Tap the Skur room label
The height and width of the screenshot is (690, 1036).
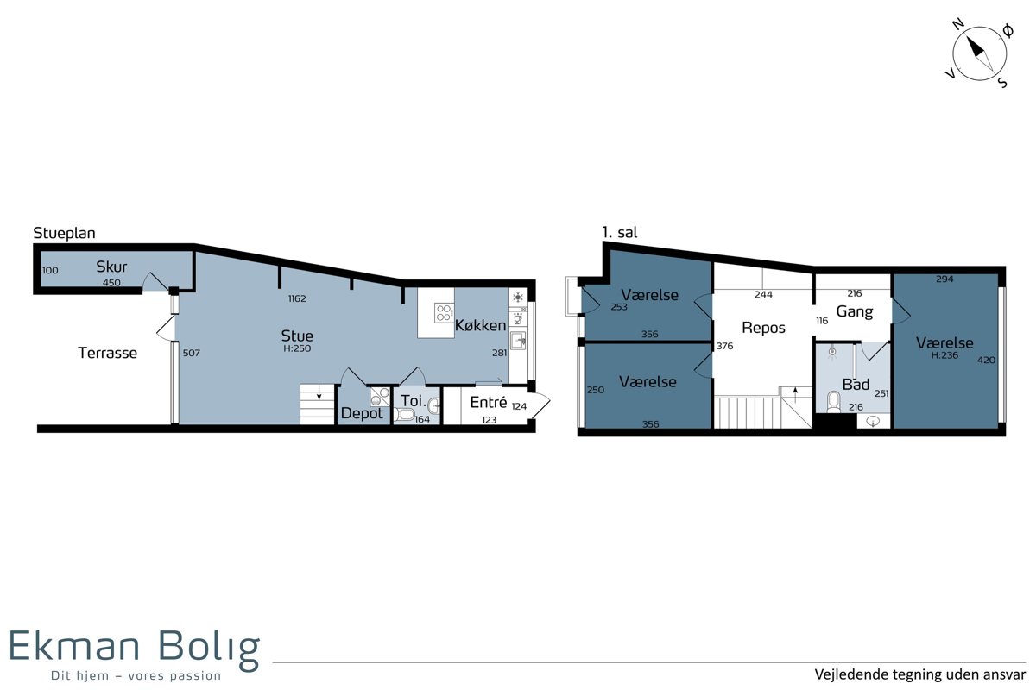(x=111, y=267)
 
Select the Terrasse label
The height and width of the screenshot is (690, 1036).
(x=108, y=353)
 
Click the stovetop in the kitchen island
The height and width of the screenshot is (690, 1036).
(x=444, y=312)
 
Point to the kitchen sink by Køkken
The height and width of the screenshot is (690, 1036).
(x=518, y=341)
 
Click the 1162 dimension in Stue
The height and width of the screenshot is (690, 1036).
(x=297, y=298)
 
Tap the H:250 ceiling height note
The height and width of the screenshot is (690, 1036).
(x=297, y=349)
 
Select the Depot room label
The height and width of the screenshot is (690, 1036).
(x=362, y=413)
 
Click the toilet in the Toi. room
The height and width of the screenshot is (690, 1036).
(x=405, y=415)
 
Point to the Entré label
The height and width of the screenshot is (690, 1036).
(x=489, y=402)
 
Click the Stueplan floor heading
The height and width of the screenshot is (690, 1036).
(x=64, y=234)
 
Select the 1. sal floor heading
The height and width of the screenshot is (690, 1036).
(x=620, y=232)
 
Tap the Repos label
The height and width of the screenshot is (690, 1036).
(x=763, y=328)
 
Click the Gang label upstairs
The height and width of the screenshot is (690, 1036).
(x=854, y=312)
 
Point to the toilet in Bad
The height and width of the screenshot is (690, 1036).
(x=833, y=401)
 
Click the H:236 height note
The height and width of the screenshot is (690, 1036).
(x=944, y=355)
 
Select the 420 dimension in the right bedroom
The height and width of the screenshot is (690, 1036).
(x=986, y=360)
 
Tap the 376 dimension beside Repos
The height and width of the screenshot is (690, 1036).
(x=724, y=346)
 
